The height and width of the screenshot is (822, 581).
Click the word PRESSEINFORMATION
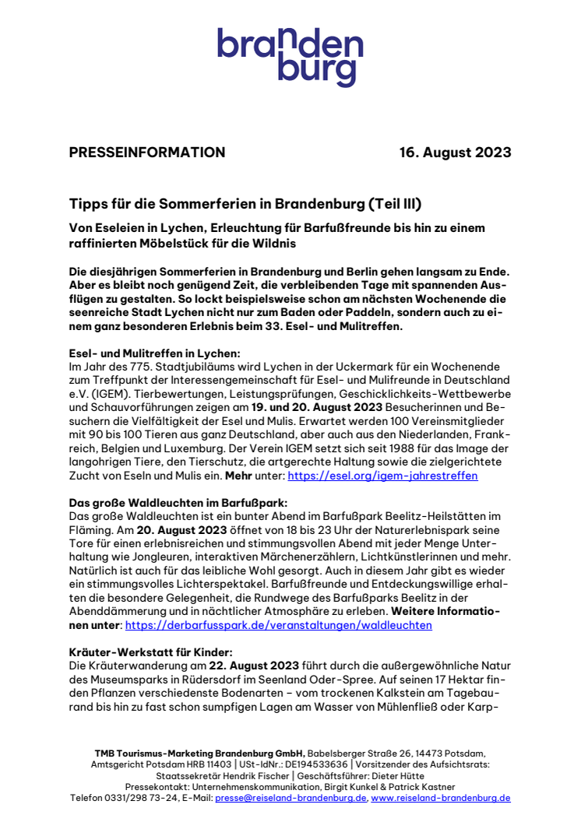tap(146, 153)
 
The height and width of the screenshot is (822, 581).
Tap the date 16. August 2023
tap(455, 153)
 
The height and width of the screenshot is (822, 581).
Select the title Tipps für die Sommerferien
tap(245, 204)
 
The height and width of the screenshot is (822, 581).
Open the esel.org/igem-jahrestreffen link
tap(382, 474)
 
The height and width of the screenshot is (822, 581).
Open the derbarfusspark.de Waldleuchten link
tap(278, 624)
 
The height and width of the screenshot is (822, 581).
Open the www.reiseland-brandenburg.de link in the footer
tap(440, 798)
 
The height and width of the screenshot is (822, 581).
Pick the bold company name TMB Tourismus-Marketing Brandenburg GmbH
tap(199, 753)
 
